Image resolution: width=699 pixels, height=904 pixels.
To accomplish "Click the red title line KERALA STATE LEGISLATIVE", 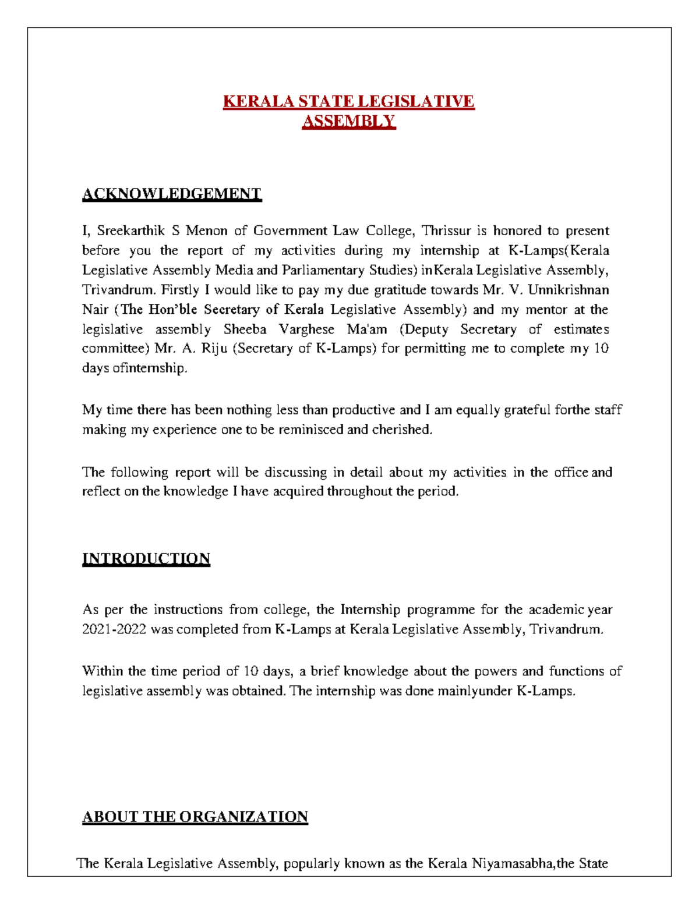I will pos(348,102).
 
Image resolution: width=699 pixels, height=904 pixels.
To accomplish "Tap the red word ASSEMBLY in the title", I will pos(348,122).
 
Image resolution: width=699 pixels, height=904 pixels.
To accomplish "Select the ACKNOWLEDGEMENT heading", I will pos(172,194).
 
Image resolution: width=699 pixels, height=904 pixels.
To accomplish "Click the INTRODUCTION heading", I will pos(146,559).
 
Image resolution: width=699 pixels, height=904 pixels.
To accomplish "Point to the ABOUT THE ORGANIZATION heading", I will pos(195,817).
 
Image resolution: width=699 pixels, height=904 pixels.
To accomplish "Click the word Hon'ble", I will pos(172,310).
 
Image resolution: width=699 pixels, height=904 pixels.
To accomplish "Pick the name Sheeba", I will pos(245,329).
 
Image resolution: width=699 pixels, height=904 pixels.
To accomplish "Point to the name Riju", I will pos(214,349).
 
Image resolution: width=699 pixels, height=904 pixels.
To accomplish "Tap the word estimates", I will pos(581,329).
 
